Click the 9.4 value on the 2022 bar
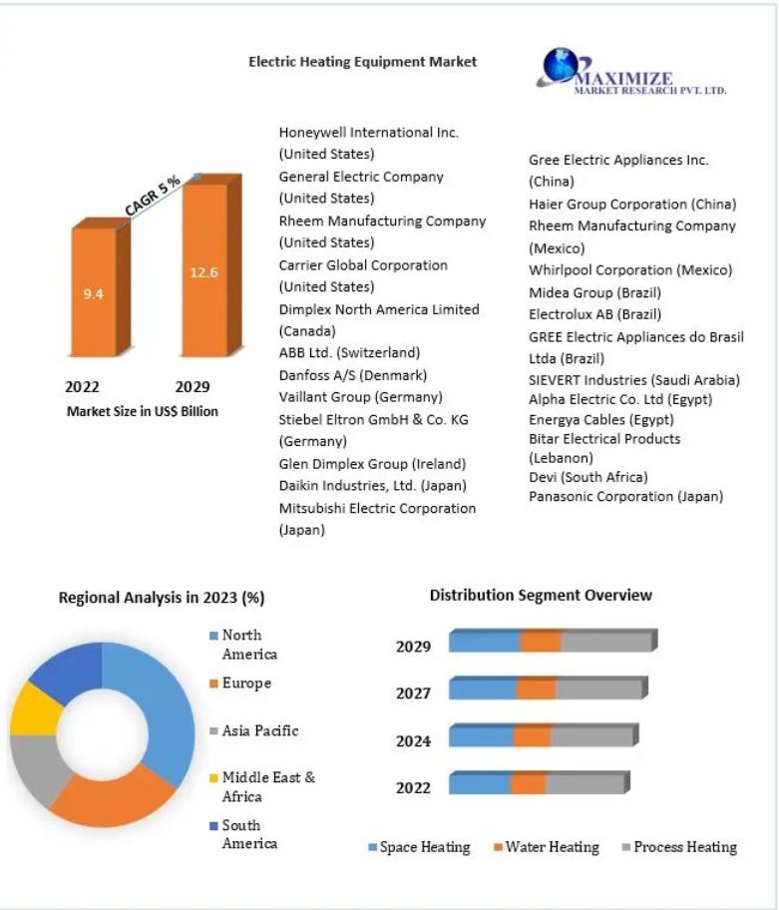pyautogui.click(x=93, y=293)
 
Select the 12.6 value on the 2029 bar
pyautogui.click(x=203, y=272)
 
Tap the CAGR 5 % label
pyautogui.click(x=153, y=195)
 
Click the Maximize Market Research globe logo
pyautogui.click(x=560, y=66)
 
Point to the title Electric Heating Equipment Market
pyautogui.click(x=362, y=62)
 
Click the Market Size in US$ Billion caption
pyautogui.click(x=142, y=411)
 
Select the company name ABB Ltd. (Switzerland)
pyautogui.click(x=349, y=353)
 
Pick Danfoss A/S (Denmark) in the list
pyautogui.click(x=353, y=375)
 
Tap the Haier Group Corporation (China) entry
pyautogui.click(x=632, y=205)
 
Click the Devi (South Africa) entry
pyautogui.click(x=588, y=477)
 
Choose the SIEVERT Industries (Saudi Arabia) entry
pyautogui.click(x=634, y=380)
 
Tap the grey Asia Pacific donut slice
pyautogui.click(x=38, y=767)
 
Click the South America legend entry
pyautogui.click(x=243, y=834)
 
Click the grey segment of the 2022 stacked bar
pyautogui.click(x=584, y=784)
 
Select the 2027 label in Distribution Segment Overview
pyautogui.click(x=413, y=692)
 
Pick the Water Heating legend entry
pyautogui.click(x=547, y=847)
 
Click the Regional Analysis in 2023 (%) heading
pyautogui.click(x=162, y=598)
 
